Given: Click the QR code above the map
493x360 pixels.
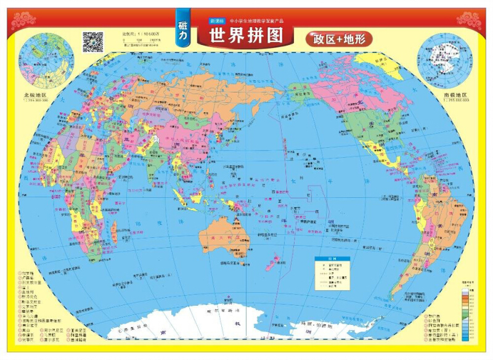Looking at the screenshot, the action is (x=92, y=41).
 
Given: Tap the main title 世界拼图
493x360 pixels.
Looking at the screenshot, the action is (x=246, y=35).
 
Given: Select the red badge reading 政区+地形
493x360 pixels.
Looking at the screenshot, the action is (x=338, y=39).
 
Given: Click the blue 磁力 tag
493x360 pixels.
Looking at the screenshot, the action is (x=183, y=27).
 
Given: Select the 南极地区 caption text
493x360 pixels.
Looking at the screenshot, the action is (x=457, y=96).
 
